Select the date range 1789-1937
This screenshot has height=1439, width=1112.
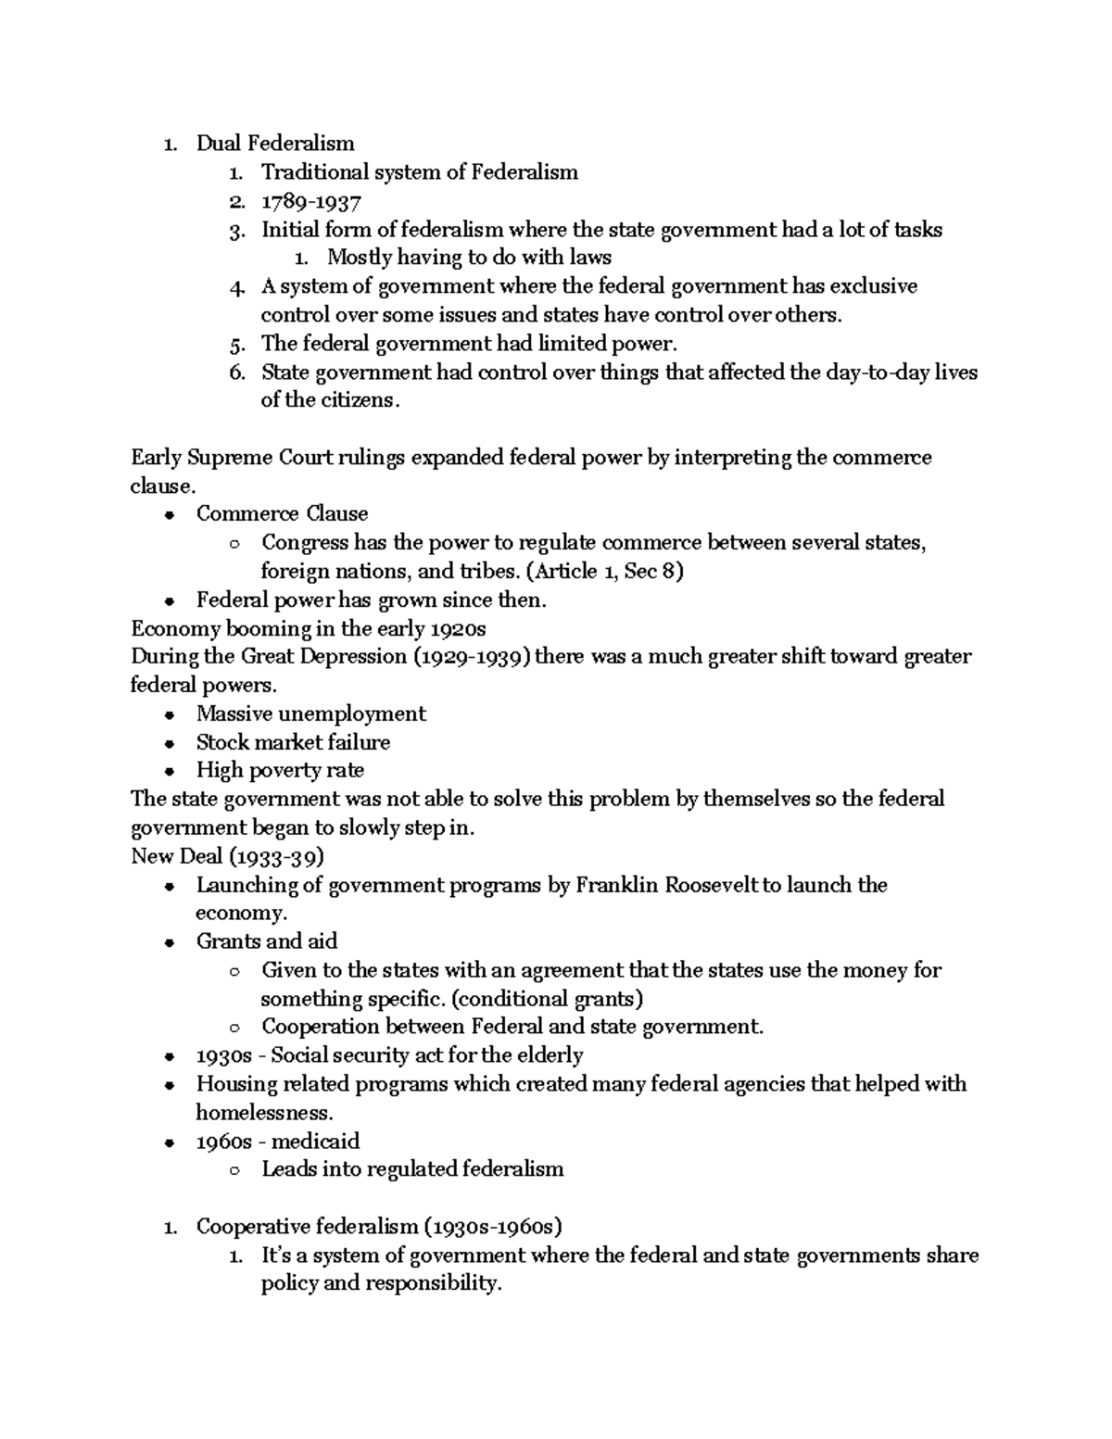click(x=310, y=201)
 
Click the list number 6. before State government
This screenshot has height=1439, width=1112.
click(x=238, y=372)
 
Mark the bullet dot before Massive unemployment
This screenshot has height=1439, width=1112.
click(x=169, y=715)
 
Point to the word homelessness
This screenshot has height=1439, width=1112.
click(x=261, y=1113)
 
